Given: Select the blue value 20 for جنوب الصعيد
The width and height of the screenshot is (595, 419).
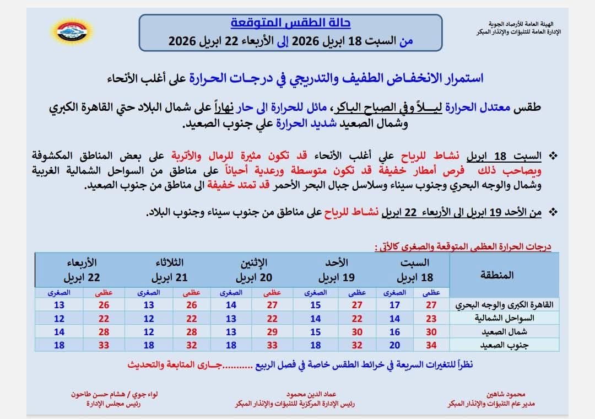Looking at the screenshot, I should [394, 345].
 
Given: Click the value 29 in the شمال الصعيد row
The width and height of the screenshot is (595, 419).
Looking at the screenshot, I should [273, 332].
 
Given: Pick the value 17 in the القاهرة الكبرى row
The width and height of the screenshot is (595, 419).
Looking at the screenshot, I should [394, 305].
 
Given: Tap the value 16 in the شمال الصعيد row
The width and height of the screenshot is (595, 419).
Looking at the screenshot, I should [394, 332].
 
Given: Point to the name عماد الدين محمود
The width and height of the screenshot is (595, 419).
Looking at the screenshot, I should [311, 395].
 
